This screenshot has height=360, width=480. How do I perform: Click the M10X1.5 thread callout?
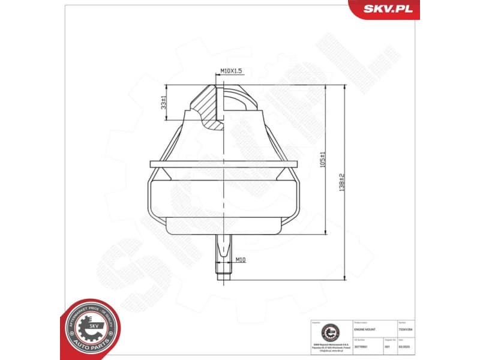(x=230, y=71)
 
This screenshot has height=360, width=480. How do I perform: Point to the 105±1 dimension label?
(x=322, y=159)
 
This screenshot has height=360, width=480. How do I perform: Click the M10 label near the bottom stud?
(x=239, y=260)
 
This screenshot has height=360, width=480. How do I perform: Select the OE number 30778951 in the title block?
(x=361, y=346)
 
